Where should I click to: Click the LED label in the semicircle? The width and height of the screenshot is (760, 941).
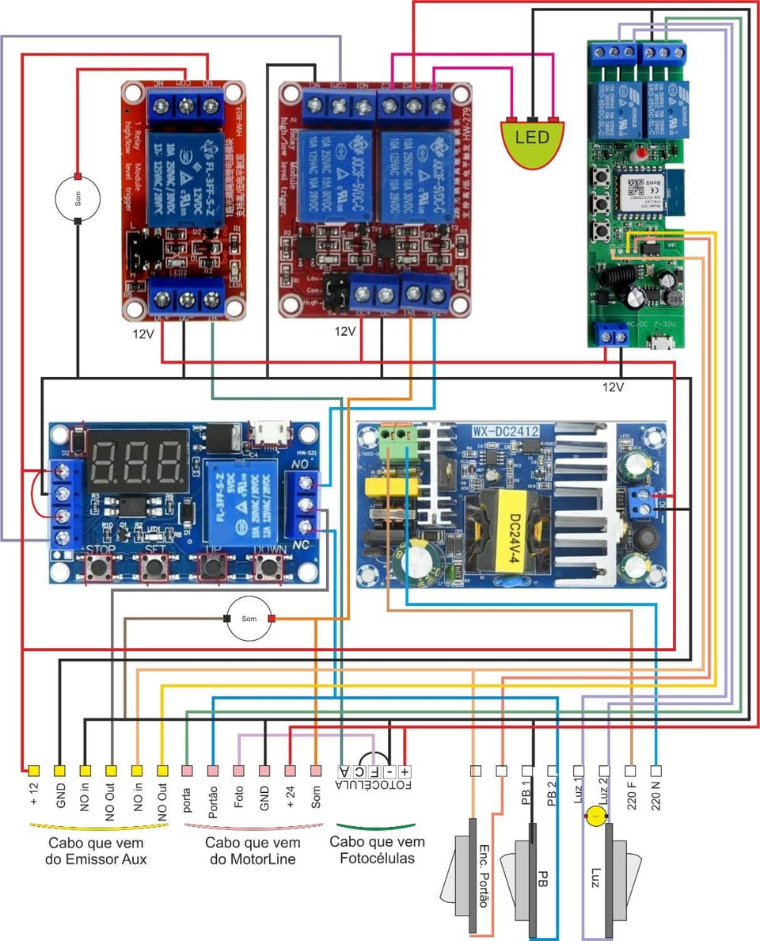[532, 137]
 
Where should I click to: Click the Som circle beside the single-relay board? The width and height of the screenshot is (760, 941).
[78, 198]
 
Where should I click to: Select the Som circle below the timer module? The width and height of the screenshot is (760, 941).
[249, 618]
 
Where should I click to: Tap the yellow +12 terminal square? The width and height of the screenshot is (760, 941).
[34, 770]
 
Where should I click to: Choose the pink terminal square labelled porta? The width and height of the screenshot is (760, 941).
[187, 770]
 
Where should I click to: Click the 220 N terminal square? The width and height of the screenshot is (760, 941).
[656, 770]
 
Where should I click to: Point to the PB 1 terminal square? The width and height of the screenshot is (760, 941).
[527, 770]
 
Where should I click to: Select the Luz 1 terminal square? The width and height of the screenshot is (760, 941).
[579, 770]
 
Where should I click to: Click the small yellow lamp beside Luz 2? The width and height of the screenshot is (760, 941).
[593, 817]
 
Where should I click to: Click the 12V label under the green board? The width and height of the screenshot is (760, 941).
[613, 387]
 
